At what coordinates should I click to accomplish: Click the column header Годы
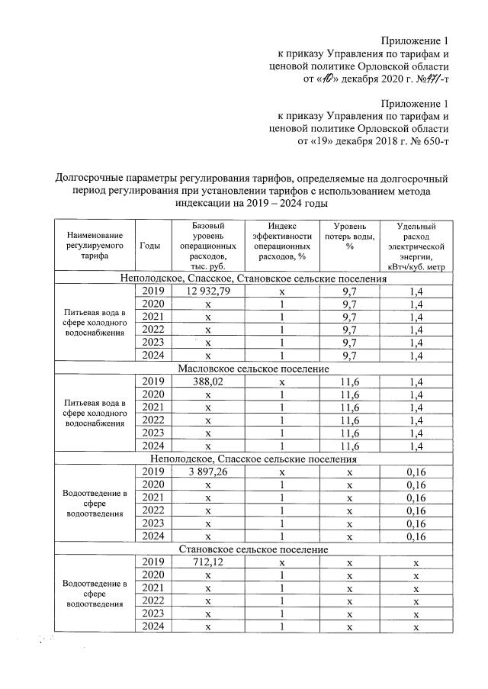tap(150, 245)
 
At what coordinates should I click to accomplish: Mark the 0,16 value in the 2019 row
tap(416, 471)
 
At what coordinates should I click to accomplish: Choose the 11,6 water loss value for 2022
tap(351, 419)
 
